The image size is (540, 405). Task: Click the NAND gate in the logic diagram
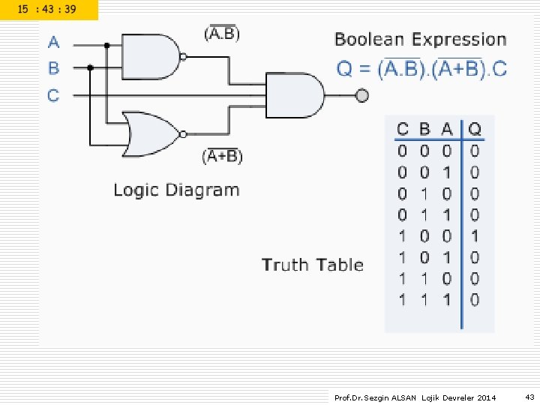pyautogui.click(x=151, y=57)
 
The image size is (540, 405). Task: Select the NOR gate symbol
pyautogui.click(x=151, y=134)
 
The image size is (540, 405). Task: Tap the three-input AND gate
pyautogui.click(x=295, y=95)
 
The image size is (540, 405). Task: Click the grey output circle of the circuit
pyautogui.click(x=361, y=95)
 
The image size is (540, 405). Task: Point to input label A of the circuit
pyautogui.click(x=54, y=42)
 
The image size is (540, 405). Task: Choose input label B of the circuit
pyautogui.click(x=54, y=67)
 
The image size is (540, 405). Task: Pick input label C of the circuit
pyautogui.click(x=53, y=95)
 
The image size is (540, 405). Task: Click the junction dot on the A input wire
pyautogui.click(x=106, y=45)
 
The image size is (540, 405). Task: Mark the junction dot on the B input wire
pyautogui.click(x=90, y=67)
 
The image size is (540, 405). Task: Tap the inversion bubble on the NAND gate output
pyautogui.click(x=184, y=57)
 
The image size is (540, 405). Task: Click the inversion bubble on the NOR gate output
pyautogui.click(x=184, y=134)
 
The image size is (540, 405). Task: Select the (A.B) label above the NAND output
pyautogui.click(x=222, y=33)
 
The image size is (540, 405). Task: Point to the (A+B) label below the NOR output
pyautogui.click(x=223, y=156)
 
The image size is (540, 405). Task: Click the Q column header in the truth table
pyautogui.click(x=475, y=129)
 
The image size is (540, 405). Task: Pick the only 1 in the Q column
pyautogui.click(x=475, y=236)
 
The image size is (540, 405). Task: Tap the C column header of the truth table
pyautogui.click(x=402, y=129)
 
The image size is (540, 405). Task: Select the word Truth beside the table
pyautogui.click(x=285, y=265)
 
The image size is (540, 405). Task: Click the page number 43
pyautogui.click(x=529, y=397)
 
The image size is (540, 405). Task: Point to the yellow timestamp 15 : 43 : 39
pyautogui.click(x=46, y=9)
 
